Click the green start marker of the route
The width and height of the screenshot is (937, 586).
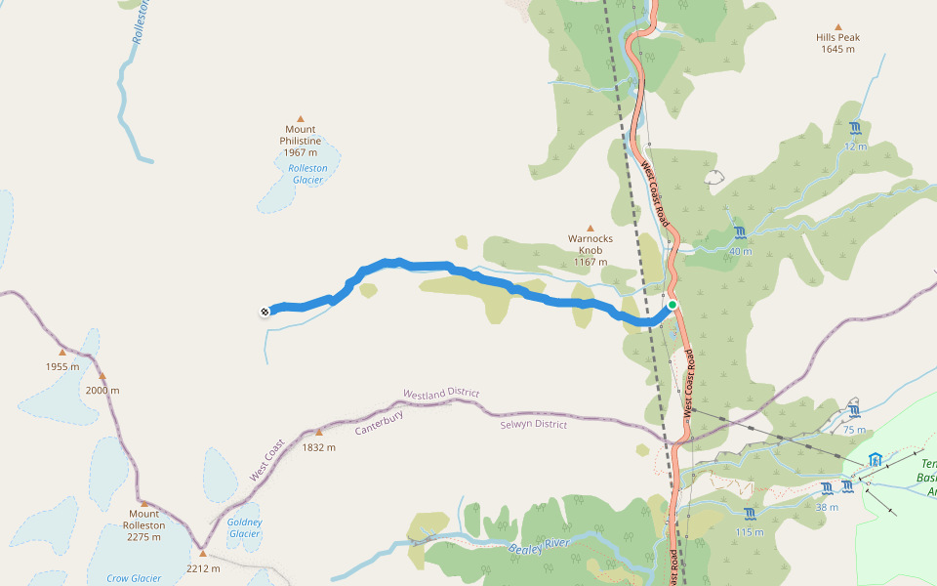672,305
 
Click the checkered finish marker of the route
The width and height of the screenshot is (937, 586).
265,312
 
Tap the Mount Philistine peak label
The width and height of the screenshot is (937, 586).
300,141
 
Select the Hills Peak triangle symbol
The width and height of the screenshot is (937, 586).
837,27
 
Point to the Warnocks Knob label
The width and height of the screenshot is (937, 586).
589,249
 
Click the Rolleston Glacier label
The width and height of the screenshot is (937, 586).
307,173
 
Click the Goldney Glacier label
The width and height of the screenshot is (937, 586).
244,527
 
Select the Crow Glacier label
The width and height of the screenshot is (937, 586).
133,578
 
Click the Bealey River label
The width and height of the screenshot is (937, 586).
539,549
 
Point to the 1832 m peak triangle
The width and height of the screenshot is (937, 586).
318,432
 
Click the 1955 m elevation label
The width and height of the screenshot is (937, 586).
61,367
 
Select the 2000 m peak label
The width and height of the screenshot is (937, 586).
102,390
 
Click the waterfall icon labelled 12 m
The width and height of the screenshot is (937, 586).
855,129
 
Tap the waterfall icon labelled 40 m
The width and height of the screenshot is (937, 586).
740,232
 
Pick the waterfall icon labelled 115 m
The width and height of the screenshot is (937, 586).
750,514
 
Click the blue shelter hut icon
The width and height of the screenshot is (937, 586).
875,459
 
